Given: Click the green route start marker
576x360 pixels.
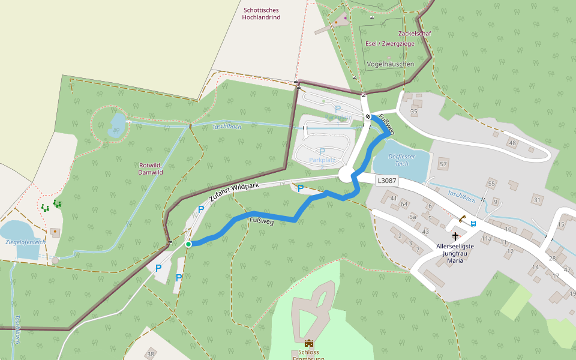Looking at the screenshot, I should tap(188, 244).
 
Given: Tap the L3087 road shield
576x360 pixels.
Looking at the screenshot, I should tap(388, 180).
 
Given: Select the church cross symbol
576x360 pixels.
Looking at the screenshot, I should tap(455, 236).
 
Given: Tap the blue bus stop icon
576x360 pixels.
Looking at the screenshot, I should tap(473, 224).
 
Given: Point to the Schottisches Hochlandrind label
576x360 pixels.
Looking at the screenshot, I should tap(261, 14).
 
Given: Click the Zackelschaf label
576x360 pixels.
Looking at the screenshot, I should tap(414, 34).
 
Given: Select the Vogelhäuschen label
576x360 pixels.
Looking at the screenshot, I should tap(390, 64).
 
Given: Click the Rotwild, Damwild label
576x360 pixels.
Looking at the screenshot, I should tap(151, 169).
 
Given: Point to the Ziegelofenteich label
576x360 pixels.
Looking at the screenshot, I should tap(25, 242).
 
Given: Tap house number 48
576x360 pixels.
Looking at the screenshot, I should tap(512, 143).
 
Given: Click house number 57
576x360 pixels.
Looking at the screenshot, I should tap(443, 164).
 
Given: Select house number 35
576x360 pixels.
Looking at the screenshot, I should tap(413, 112).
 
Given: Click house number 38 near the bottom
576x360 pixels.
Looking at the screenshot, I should tap(150, 354).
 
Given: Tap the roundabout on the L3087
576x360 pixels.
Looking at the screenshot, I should tap(347, 175).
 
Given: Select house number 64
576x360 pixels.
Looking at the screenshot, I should tap(404, 204).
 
